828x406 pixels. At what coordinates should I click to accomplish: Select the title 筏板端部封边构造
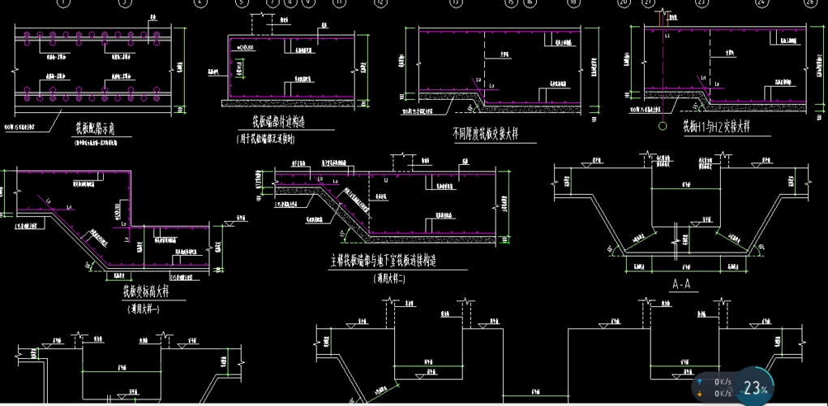click(x=277, y=123)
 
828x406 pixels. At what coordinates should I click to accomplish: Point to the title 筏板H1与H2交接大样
click(x=716, y=127)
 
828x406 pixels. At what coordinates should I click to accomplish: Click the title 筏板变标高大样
click(x=147, y=290)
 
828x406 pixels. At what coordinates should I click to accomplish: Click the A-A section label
click(x=680, y=284)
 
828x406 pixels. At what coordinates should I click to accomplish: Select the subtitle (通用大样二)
click(x=393, y=278)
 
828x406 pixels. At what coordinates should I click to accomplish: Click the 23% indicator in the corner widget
click(x=756, y=388)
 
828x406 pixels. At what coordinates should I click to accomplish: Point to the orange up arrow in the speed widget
click(x=700, y=382)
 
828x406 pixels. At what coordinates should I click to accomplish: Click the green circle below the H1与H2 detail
click(x=662, y=126)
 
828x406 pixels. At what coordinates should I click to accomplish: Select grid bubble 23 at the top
click(x=701, y=3)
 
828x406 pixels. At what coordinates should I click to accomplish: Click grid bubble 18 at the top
click(x=574, y=3)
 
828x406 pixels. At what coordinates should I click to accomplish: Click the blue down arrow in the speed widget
click(x=700, y=393)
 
